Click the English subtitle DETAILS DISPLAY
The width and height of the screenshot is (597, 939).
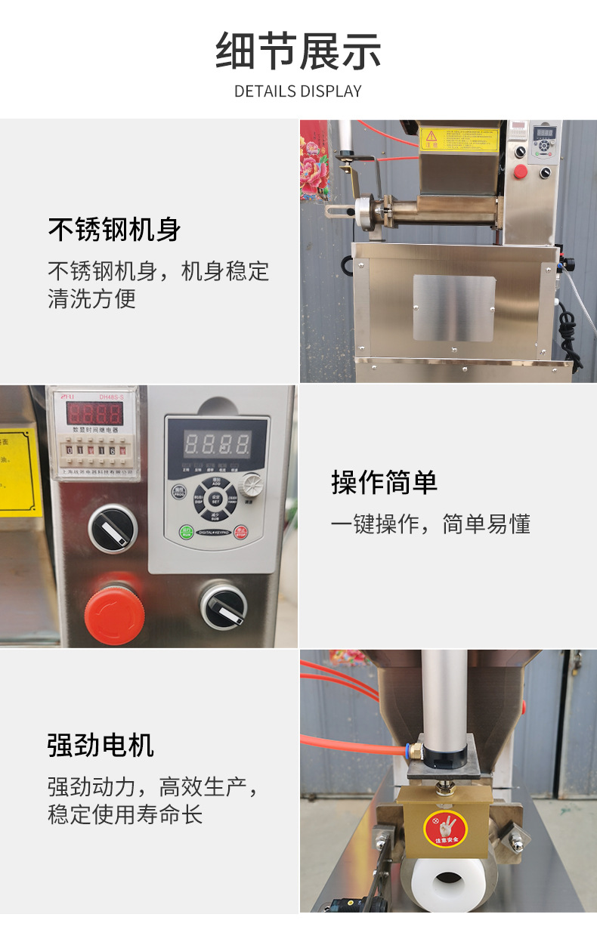[298, 91]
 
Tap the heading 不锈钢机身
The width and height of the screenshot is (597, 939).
[115, 229]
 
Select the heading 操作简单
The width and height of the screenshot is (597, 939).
[384, 482]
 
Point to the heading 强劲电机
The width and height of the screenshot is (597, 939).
[101, 745]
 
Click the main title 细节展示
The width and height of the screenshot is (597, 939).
[298, 51]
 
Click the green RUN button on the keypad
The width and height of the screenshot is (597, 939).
[186, 532]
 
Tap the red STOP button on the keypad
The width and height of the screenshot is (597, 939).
[241, 532]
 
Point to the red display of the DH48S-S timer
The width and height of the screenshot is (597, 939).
[94, 413]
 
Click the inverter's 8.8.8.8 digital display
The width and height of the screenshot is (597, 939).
[217, 442]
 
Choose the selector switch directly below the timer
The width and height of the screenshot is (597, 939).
[112, 528]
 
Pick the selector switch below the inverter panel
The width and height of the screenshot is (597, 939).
[224, 604]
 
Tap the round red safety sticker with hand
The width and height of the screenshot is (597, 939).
[446, 828]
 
